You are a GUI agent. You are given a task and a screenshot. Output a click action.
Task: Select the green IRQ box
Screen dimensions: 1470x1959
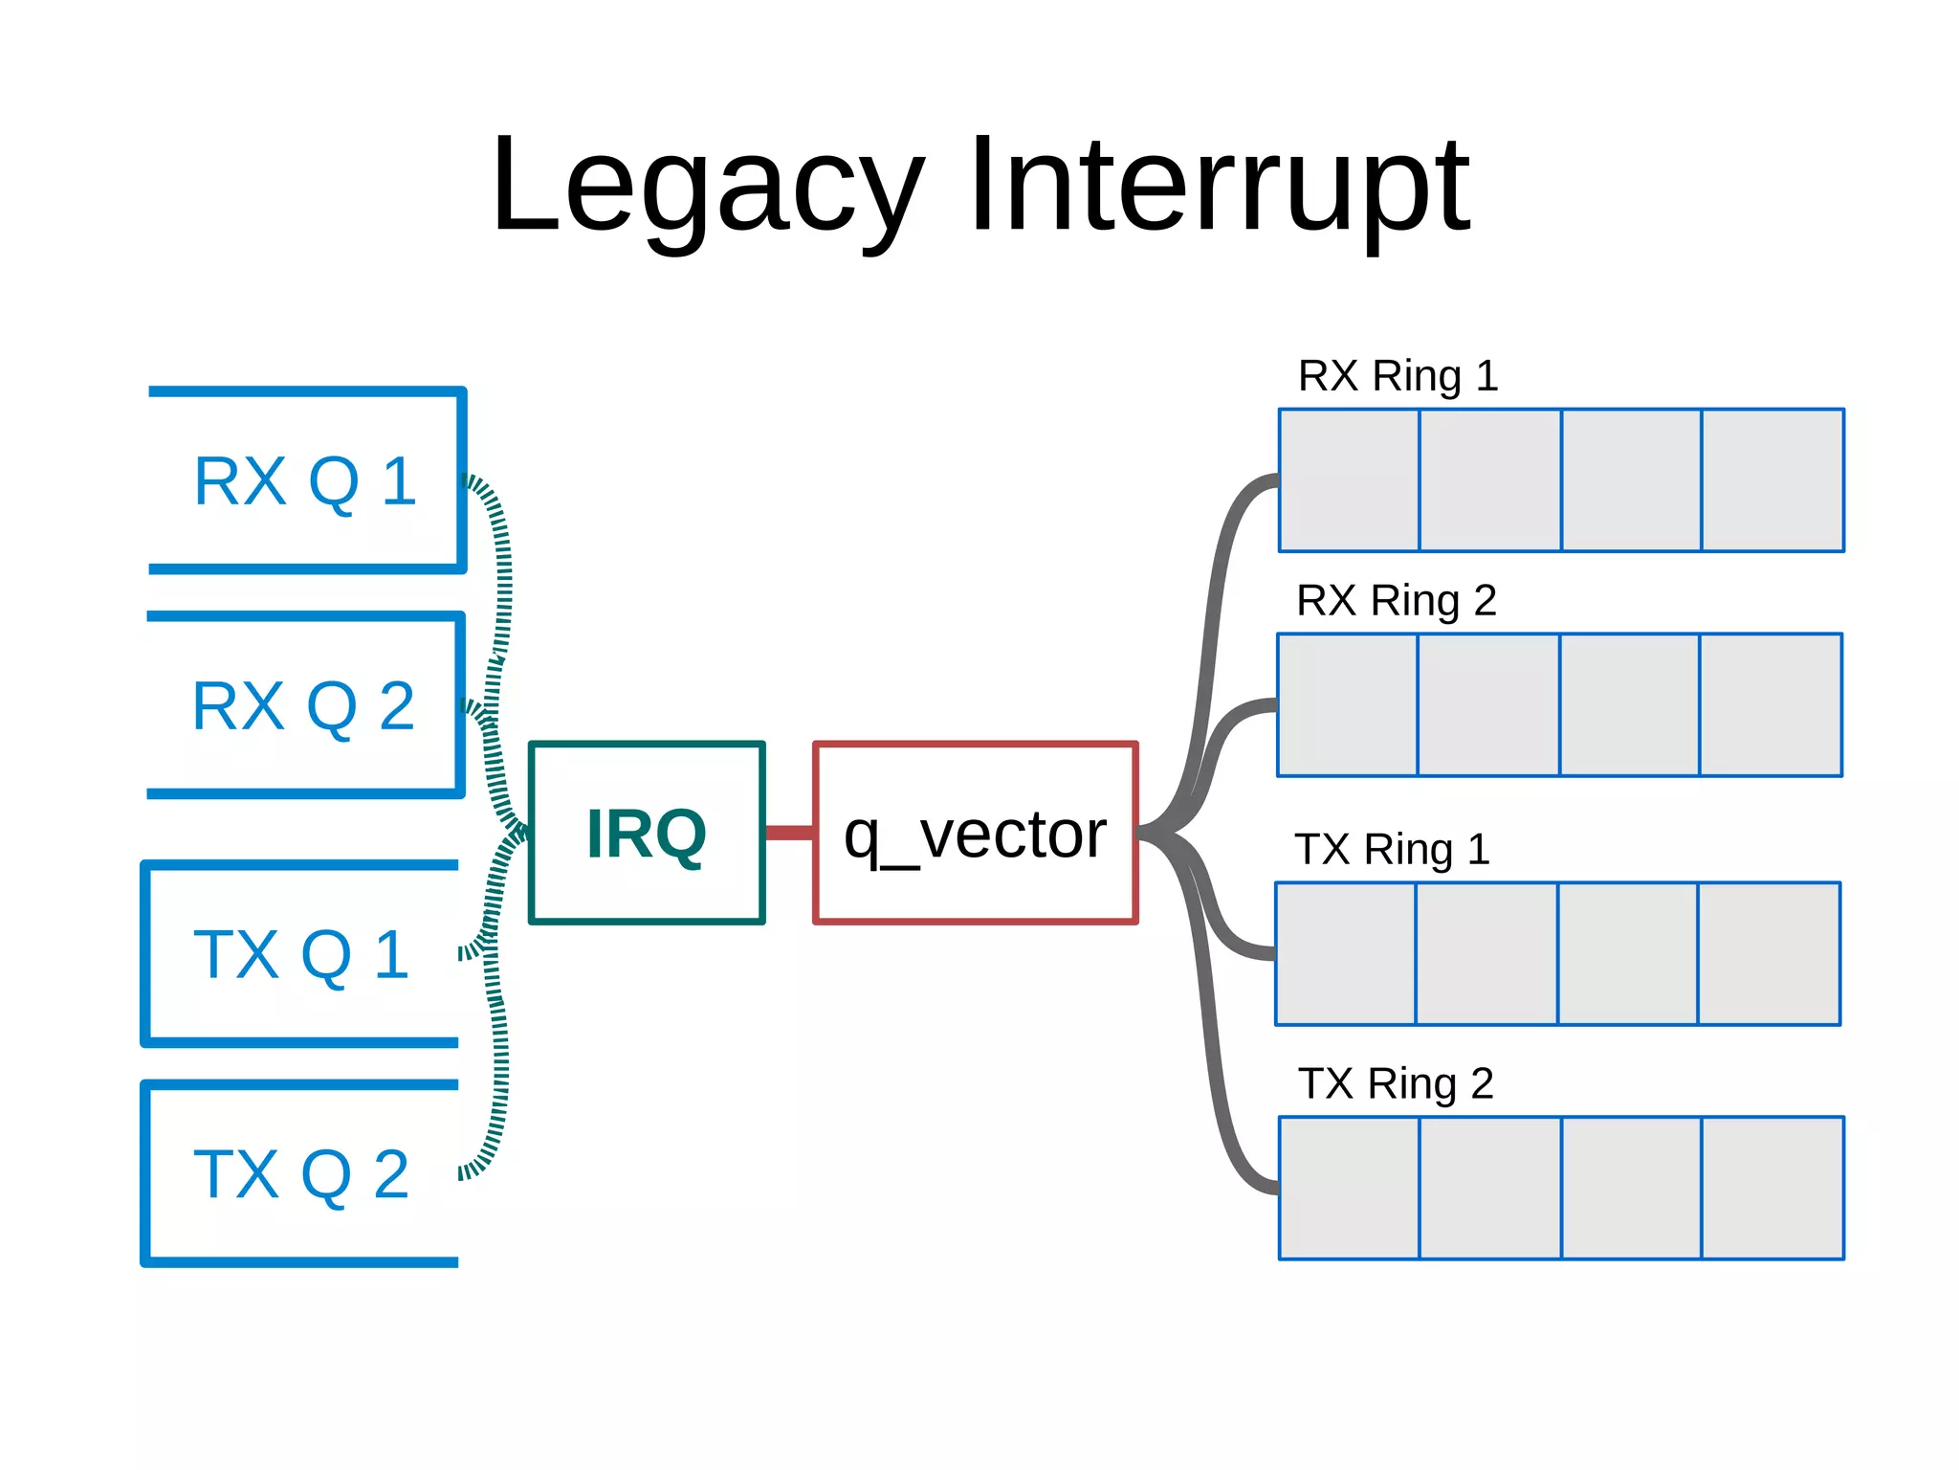(647, 833)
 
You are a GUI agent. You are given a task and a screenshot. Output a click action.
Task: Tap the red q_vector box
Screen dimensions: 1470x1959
(975, 833)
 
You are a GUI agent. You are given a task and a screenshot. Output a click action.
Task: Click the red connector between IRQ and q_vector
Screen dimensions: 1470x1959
(789, 833)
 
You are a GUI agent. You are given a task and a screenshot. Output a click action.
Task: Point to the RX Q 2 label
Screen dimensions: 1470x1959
(303, 706)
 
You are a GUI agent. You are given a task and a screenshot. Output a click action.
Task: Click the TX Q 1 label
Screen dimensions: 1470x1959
(301, 954)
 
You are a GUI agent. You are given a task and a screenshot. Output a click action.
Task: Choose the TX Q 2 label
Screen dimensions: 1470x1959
(301, 1174)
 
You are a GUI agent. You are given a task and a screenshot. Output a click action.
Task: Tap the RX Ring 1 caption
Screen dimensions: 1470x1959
(1397, 376)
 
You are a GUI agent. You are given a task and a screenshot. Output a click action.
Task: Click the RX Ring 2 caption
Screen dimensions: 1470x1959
(1396, 601)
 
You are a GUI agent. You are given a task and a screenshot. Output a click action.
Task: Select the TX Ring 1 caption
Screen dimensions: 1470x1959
(1392, 850)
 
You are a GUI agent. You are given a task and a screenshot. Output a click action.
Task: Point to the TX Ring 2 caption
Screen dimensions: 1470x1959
(1395, 1084)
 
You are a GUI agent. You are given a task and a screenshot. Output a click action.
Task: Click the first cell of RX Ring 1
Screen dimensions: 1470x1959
(1349, 480)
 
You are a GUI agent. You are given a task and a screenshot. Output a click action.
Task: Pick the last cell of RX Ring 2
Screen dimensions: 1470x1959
(1771, 705)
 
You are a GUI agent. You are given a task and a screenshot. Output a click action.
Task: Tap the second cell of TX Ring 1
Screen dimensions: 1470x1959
(1486, 954)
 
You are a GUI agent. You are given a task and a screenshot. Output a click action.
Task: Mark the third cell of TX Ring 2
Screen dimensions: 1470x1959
(1631, 1188)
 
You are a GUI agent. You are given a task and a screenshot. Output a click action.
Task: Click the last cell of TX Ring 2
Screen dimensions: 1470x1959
(1772, 1188)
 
